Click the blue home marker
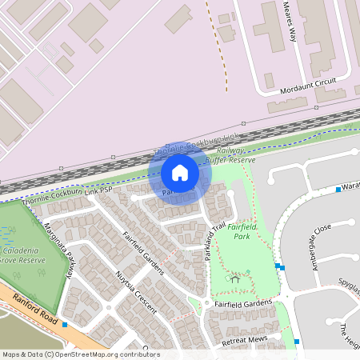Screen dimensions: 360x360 (180, 173)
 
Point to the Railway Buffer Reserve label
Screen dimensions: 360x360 (230, 155)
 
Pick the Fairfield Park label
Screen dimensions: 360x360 (241, 232)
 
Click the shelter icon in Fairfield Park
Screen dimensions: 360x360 (234, 279)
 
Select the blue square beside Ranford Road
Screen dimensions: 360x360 (65, 325)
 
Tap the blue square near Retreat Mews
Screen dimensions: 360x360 (297, 342)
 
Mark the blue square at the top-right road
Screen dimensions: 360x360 (338, 190)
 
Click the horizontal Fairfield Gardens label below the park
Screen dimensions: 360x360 (243, 303)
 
